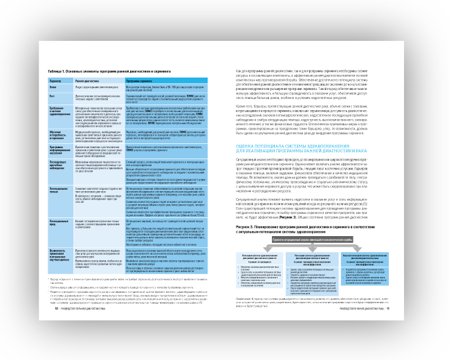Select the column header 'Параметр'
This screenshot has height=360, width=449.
(x=54, y=81)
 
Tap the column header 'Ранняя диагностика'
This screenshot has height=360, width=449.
(x=89, y=81)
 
